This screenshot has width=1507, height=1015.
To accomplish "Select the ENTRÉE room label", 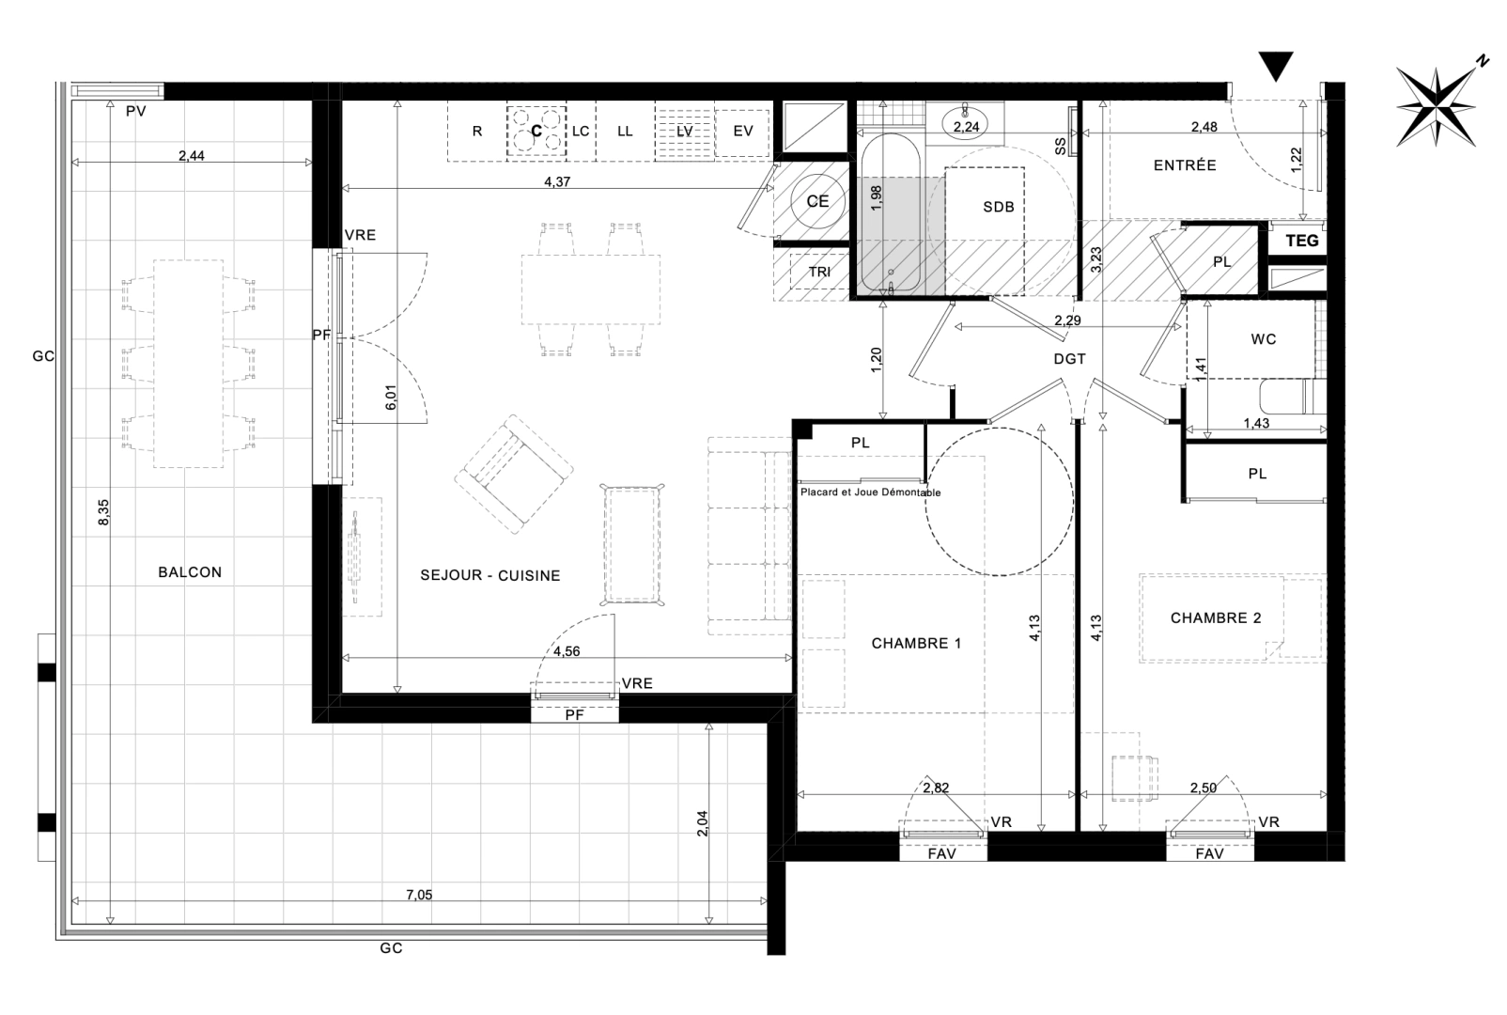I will (1185, 165).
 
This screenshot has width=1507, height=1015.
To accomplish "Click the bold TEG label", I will (1301, 241).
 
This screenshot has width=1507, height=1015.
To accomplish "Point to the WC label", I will (1264, 339).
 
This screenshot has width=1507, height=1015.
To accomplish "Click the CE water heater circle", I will (817, 201).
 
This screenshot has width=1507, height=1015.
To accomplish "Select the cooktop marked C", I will (537, 131).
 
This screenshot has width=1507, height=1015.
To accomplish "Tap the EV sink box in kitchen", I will (743, 131).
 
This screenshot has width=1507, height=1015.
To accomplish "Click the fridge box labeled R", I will (476, 131).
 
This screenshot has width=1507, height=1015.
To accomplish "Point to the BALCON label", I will (190, 571).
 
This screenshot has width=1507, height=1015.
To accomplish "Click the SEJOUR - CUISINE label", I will (489, 575).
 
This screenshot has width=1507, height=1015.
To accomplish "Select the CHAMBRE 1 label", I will (915, 644).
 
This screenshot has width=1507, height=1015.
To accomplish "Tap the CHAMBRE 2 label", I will (1215, 617).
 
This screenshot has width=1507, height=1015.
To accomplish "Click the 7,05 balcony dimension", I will (419, 895).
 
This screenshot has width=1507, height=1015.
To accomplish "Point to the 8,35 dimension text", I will (103, 512).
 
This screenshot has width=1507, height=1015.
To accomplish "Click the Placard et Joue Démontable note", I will (869, 492).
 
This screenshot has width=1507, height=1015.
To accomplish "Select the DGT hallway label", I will (1069, 359).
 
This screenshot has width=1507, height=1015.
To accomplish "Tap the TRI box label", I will (819, 272).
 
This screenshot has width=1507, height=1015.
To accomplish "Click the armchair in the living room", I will (514, 471).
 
